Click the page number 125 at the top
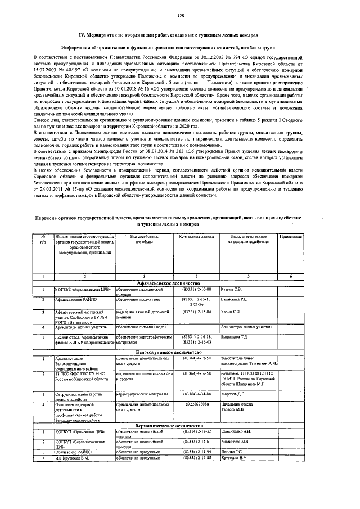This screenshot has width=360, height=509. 181,15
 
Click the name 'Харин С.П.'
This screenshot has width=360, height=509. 228,311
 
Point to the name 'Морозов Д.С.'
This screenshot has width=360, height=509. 232,394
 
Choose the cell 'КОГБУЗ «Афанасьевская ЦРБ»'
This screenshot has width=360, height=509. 78,289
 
